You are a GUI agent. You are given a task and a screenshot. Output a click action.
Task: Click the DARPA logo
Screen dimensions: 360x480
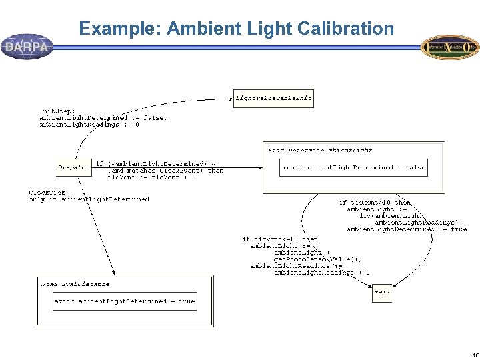[27, 47]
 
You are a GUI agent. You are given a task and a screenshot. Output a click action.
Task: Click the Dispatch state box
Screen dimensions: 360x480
[73, 167]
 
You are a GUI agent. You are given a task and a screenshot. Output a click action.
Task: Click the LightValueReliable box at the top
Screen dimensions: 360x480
[273, 98]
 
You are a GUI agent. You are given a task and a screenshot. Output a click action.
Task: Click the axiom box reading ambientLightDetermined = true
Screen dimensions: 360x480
[125, 301]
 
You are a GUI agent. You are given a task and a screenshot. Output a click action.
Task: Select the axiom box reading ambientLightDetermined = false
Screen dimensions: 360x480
[353, 167]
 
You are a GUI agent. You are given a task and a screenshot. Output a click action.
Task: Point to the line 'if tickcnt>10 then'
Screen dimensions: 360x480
[375, 203]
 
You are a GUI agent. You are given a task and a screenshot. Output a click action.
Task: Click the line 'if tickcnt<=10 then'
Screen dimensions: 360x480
[280, 239]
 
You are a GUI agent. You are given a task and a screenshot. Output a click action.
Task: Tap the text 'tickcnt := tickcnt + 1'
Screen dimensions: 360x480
[151, 177]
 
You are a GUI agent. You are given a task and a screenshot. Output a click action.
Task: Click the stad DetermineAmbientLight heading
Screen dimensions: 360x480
[320, 151]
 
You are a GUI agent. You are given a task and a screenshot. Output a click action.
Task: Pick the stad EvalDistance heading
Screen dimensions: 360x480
[75, 284]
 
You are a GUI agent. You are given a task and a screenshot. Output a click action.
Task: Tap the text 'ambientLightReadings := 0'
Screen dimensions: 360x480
[89, 124]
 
